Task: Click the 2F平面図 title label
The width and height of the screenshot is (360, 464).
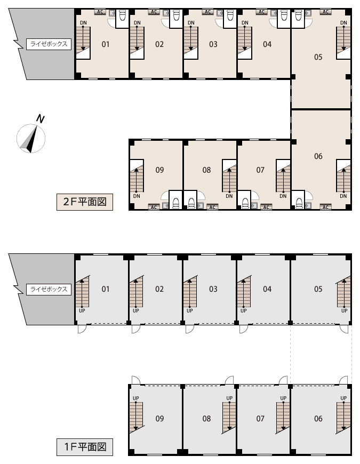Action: [x=85, y=202]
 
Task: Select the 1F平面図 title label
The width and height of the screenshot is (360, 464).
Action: [x=85, y=447]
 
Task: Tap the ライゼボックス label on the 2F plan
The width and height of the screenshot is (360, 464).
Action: [x=49, y=44]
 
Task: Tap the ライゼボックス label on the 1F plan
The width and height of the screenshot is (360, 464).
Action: [x=49, y=289]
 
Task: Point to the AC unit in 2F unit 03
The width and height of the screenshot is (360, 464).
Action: [x=207, y=12]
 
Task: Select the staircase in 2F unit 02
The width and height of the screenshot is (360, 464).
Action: [x=137, y=43]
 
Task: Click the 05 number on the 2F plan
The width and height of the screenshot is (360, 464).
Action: [x=318, y=57]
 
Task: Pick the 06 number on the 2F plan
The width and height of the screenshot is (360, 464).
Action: [x=318, y=156]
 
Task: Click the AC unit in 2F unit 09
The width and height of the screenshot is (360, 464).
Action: [x=154, y=207]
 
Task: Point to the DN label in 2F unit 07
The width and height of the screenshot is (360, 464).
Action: [x=283, y=196]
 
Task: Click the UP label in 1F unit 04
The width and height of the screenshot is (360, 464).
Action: [x=243, y=311]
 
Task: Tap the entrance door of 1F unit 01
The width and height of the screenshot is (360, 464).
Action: [x=82, y=329]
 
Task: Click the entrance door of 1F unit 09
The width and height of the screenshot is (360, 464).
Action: [x=136, y=380]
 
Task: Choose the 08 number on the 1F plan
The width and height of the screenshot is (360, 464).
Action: [x=206, y=419]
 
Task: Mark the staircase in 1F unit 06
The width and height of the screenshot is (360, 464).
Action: [x=343, y=418]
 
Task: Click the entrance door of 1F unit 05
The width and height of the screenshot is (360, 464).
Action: [x=344, y=329]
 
